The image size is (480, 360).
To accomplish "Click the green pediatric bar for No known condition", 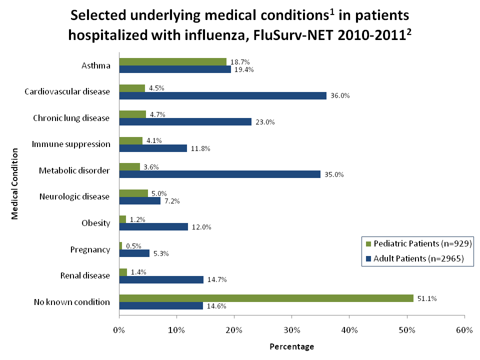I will [x=266, y=298].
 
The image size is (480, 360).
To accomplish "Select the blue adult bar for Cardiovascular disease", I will [x=222, y=95].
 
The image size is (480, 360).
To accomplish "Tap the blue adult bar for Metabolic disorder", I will [x=219, y=174].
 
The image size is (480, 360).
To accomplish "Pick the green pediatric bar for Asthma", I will [x=172, y=61].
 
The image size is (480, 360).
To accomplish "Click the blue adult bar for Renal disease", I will [x=161, y=279].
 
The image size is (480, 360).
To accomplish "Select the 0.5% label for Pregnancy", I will [x=134, y=246].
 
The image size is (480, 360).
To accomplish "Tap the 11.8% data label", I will [x=200, y=148].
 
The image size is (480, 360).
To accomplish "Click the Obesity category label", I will [x=96, y=223].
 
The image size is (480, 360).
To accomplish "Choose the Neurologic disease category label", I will [x=74, y=196].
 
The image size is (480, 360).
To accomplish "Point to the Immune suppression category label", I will [x=71, y=144].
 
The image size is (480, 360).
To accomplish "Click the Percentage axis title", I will [x=291, y=346].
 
